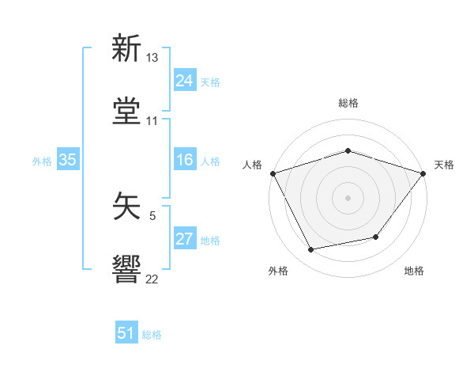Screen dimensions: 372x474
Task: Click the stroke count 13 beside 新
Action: [152, 59]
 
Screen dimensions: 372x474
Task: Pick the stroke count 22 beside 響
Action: [152, 278]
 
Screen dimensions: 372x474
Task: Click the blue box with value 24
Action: [184, 81]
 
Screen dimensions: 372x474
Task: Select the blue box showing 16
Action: [184, 160]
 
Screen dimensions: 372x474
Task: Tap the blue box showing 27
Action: [184, 239]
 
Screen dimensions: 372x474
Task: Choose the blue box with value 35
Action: [67, 160]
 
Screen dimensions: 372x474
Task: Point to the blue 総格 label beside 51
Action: [152, 335]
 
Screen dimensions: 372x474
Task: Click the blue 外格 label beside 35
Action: [42, 161]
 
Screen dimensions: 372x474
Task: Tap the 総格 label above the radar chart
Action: [348, 103]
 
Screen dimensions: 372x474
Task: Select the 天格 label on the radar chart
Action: [444, 165]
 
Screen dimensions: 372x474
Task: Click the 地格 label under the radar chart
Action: [414, 271]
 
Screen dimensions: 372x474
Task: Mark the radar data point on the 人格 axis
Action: [273, 173]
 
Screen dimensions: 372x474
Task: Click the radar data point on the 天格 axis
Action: [423, 173]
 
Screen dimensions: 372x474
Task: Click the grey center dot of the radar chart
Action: [348, 197]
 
